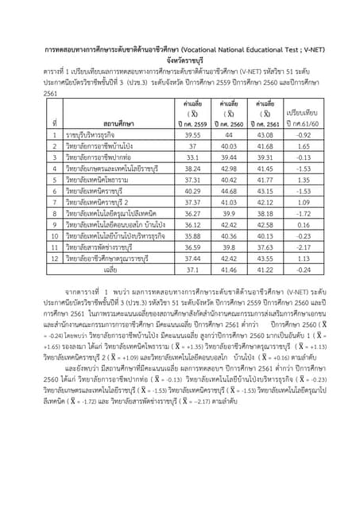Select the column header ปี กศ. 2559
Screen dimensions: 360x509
pos(192,124)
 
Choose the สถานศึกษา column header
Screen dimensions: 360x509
pos(118,124)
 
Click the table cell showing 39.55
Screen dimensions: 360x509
pos(192,135)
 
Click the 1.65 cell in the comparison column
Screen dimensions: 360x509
pos(303,146)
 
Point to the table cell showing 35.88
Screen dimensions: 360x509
pos(192,236)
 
